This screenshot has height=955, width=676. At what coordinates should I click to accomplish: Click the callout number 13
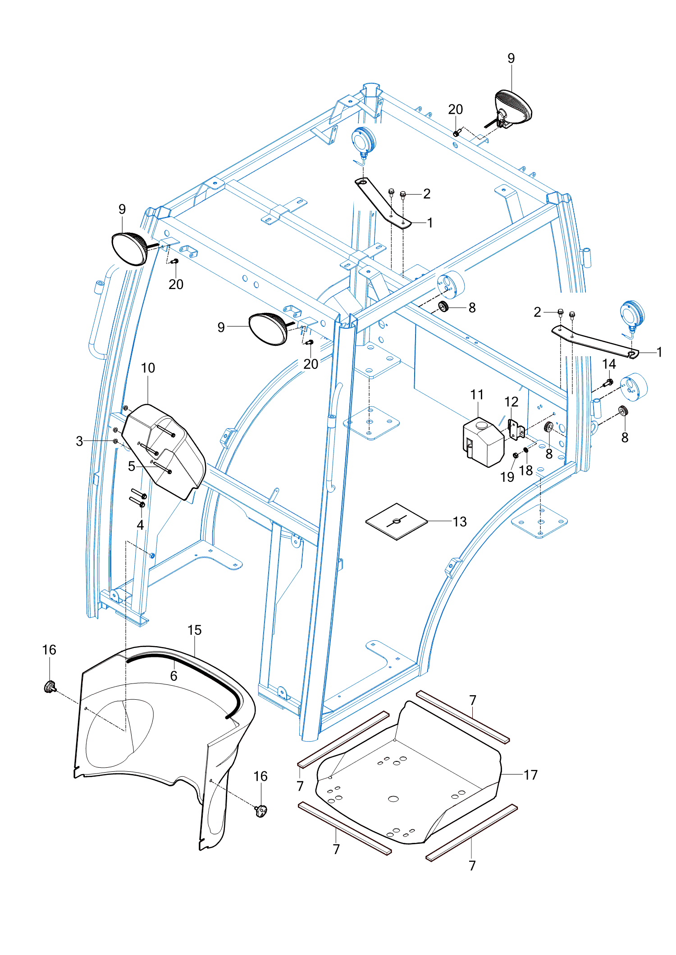coord(459,521)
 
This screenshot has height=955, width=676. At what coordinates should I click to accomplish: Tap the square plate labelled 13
coord(396,521)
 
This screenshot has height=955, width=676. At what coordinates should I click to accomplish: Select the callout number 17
coord(530,774)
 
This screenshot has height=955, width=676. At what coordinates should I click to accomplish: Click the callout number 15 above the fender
coord(194,630)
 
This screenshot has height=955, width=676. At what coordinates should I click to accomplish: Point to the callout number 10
coord(148,368)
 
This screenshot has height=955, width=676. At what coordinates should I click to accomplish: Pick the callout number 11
coord(477,394)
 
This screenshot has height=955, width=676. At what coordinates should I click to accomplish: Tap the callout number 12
coord(511,401)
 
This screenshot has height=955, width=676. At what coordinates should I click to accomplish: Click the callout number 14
coord(609,364)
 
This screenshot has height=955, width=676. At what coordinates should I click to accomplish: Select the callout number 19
coord(507,477)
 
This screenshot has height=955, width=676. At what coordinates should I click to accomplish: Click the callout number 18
coord(526,470)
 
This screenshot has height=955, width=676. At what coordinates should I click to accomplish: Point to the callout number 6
coord(174,675)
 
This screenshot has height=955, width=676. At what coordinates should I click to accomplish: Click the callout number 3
coord(79,441)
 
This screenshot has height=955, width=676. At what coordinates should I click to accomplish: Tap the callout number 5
coord(131,466)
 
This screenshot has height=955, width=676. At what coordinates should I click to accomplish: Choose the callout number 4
coord(140,525)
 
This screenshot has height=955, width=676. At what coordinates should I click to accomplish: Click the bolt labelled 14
coord(608,383)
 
